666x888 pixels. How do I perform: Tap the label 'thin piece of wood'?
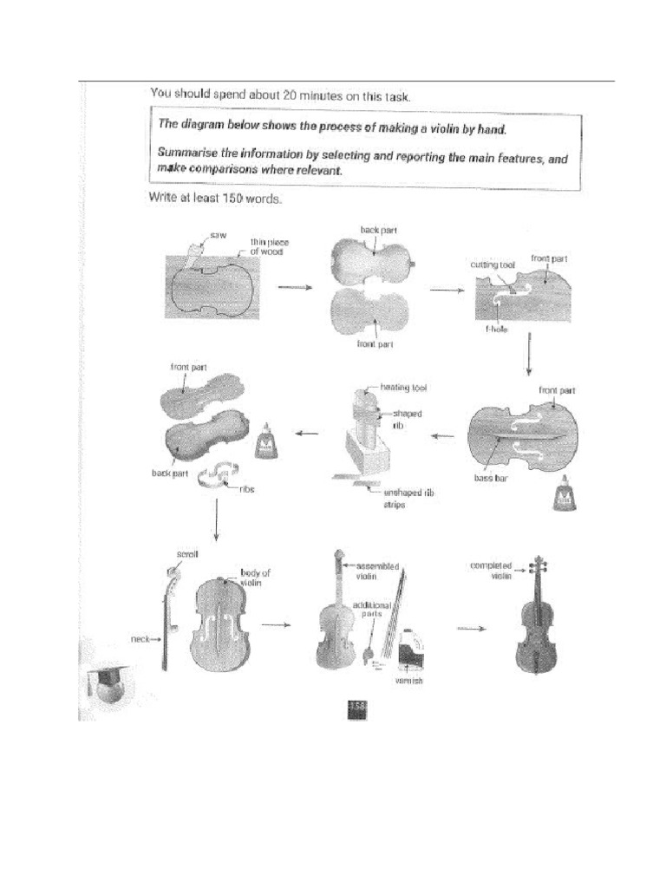[x=268, y=247]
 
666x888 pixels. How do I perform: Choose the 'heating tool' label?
[x=403, y=388]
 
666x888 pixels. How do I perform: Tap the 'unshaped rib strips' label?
[x=400, y=498]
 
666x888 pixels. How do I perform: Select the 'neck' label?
[x=140, y=639]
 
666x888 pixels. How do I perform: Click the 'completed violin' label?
[x=491, y=570]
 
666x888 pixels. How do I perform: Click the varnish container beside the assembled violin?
[x=410, y=651]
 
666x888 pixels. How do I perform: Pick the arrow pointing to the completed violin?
[x=470, y=630]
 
